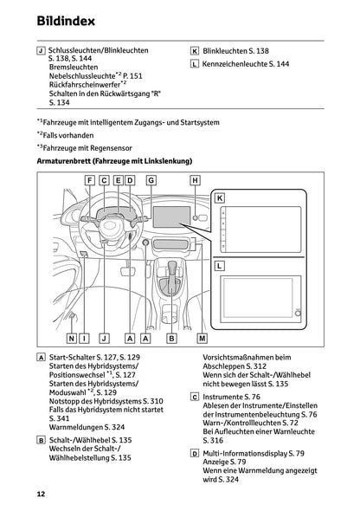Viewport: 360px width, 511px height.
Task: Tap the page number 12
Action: tap(41, 494)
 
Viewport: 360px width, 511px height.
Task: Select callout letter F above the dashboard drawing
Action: tap(90, 180)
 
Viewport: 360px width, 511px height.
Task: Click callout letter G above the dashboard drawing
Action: tap(151, 180)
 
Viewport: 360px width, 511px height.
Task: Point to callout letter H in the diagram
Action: tap(195, 180)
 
